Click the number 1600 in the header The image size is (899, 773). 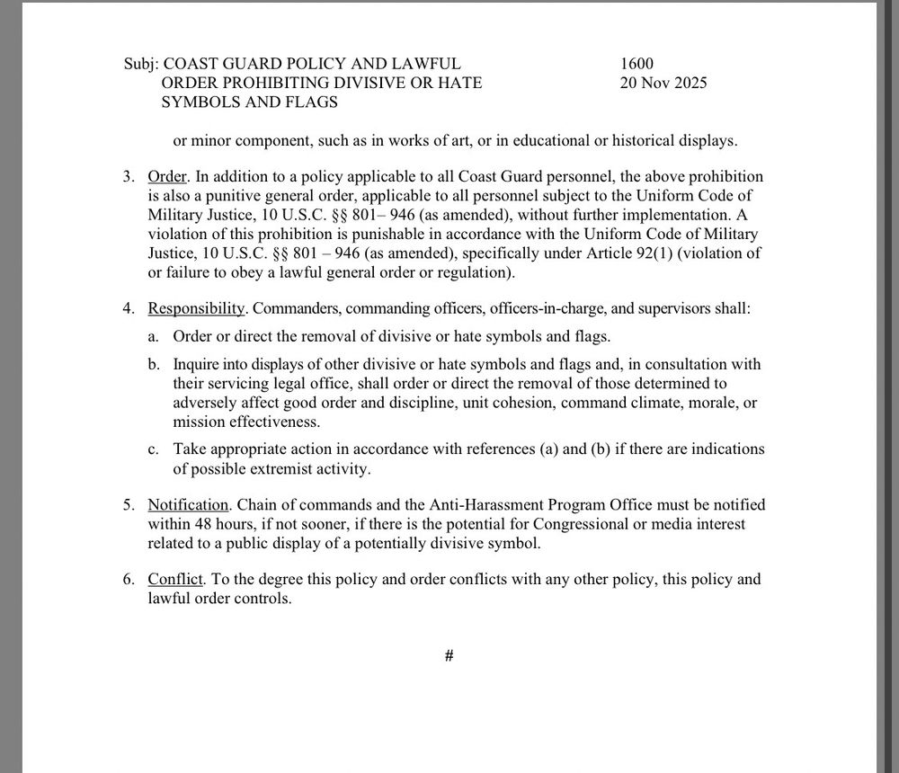tap(636, 64)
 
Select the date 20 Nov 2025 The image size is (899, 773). tap(663, 83)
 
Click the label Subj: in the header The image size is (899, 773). tap(141, 64)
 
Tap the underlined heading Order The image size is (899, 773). tap(165, 177)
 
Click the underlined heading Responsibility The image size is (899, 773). tap(197, 309)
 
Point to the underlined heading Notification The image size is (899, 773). tap(188, 505)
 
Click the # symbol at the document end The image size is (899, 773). tap(449, 657)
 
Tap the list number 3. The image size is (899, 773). tap(129, 177)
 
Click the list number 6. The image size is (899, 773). tap(129, 580)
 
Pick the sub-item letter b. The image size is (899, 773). tap(154, 365)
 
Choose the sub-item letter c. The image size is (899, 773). tap(154, 449)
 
